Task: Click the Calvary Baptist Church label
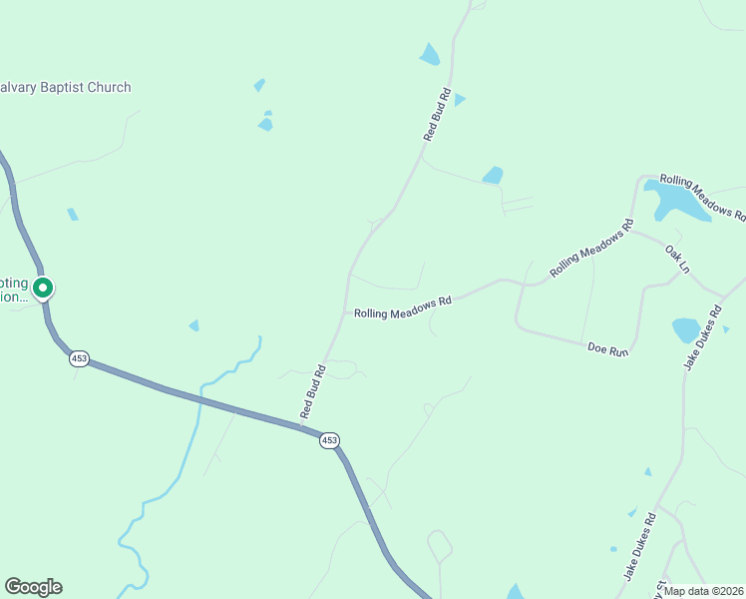click(x=66, y=88)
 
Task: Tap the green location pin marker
click(x=43, y=289)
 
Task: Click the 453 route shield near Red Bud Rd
click(x=329, y=440)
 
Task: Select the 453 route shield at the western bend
click(x=80, y=358)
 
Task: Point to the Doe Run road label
click(x=607, y=348)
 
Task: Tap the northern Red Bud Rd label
click(x=438, y=115)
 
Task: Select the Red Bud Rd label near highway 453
click(x=314, y=390)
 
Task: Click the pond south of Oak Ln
click(x=686, y=329)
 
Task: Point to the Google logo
click(x=33, y=587)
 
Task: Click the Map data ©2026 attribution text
click(x=704, y=591)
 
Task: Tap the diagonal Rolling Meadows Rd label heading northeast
click(x=591, y=250)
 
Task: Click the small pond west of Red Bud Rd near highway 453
click(x=193, y=325)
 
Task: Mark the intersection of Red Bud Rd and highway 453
click(x=301, y=427)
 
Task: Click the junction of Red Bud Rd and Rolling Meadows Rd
click(x=345, y=311)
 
